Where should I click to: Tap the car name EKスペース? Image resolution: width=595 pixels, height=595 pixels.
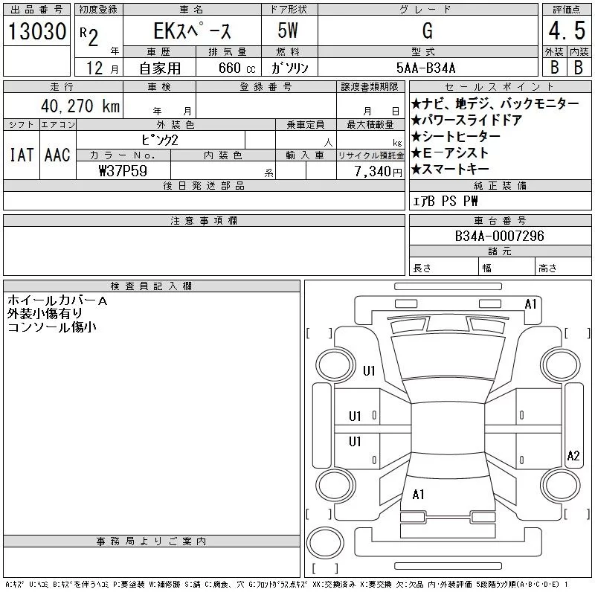[x=192, y=32]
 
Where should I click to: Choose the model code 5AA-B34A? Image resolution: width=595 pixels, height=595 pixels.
[x=426, y=68]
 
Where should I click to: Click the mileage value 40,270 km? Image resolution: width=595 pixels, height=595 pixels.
[x=74, y=106]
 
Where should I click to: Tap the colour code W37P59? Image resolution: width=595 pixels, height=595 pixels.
[x=123, y=170]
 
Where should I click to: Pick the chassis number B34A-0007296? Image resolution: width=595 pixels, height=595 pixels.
[x=500, y=236]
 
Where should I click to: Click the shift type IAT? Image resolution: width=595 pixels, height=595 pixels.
[x=21, y=155]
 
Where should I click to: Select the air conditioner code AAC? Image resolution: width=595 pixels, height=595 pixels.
[x=57, y=155]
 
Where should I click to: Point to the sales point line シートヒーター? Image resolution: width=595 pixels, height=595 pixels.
[x=455, y=136]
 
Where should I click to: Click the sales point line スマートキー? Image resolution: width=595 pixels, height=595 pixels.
[x=455, y=169]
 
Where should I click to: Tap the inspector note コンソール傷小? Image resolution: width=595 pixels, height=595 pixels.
[x=52, y=327]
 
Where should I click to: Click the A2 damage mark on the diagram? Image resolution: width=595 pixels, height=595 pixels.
[x=573, y=456]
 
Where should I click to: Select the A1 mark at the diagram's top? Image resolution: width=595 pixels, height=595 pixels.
[x=531, y=303]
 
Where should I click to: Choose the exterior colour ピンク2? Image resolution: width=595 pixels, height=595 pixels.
[x=159, y=139]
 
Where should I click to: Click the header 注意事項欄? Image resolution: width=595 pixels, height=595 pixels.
[x=204, y=221]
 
